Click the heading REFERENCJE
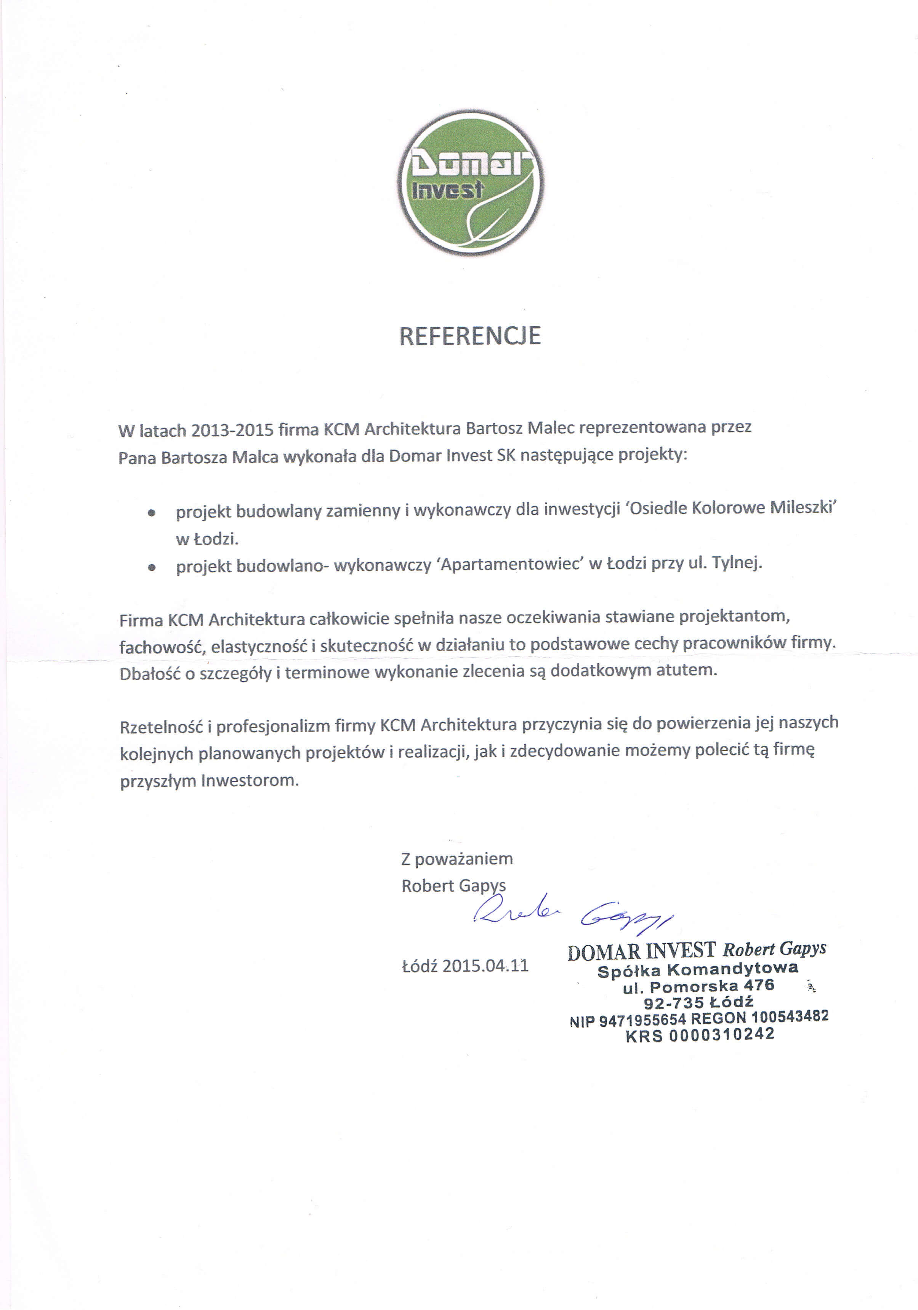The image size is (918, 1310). pyautogui.click(x=470, y=336)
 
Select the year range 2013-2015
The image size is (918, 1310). pyautogui.click(x=232, y=430)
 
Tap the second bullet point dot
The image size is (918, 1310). pyautogui.click(x=151, y=568)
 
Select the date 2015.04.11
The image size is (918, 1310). pyautogui.click(x=485, y=965)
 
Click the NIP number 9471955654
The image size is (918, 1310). pyautogui.click(x=642, y=1019)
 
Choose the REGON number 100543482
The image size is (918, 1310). pyautogui.click(x=789, y=1016)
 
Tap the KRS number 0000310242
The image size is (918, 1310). pyautogui.click(x=722, y=1034)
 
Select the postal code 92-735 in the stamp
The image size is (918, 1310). pyautogui.click(x=673, y=1002)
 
